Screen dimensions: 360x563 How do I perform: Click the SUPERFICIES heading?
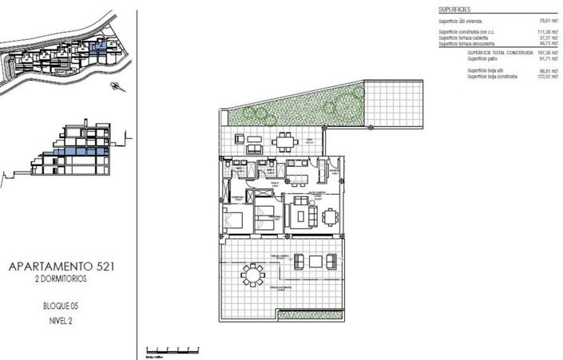point(454,8)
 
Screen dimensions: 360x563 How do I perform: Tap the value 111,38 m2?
point(528,32)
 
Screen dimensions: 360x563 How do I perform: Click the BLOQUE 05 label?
point(60,307)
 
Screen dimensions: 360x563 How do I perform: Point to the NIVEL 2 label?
point(60,320)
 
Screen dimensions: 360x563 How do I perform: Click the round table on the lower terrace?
point(252,275)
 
